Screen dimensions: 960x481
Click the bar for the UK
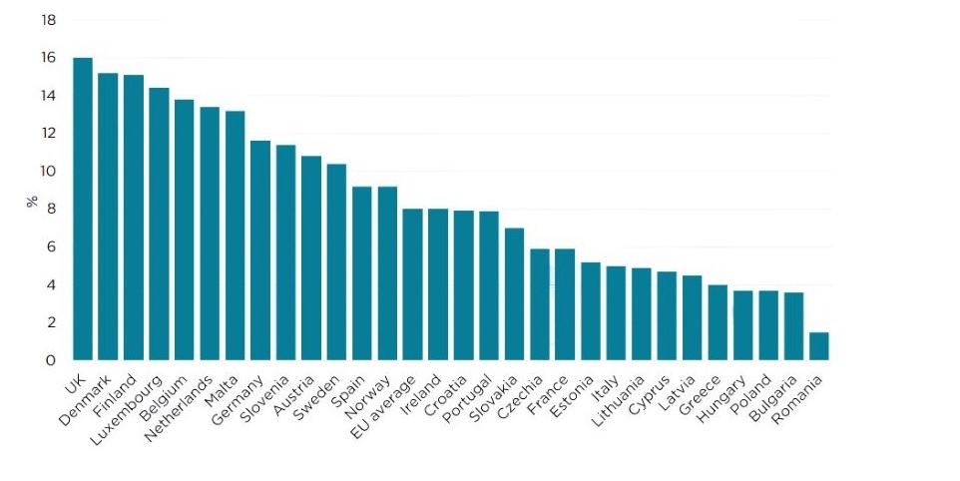pyautogui.click(x=83, y=209)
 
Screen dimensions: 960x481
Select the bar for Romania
pyautogui.click(x=818, y=346)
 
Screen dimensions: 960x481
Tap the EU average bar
pyautogui.click(x=413, y=284)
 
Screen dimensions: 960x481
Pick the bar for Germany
pyautogui.click(x=260, y=250)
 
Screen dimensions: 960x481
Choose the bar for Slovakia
pyautogui.click(x=514, y=293)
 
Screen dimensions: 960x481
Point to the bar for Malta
pyautogui.click(x=236, y=236)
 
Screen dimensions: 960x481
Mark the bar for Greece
pyautogui.click(x=718, y=322)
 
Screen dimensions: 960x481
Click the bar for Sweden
pyautogui.click(x=336, y=261)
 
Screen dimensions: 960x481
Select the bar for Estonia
pyautogui.click(x=590, y=311)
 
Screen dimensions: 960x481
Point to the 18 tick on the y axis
pyautogui.click(x=48, y=20)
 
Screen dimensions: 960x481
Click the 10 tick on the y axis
pyautogui.click(x=48, y=172)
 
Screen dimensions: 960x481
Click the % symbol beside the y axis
pyautogui.click(x=32, y=202)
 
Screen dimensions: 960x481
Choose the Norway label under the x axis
pyautogui.click(x=367, y=398)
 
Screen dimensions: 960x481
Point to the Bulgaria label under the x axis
pyautogui.click(x=773, y=398)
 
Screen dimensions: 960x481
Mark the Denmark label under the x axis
pyautogui.click(x=85, y=400)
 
